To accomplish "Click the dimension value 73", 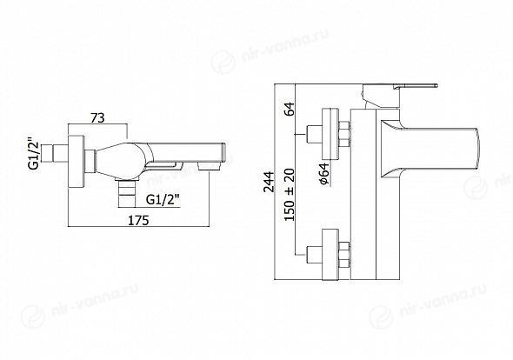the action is (x=98, y=117).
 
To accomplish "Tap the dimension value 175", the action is (x=137, y=220).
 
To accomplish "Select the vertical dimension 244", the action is (x=270, y=182).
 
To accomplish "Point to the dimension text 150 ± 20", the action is (x=290, y=195).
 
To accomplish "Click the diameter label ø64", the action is (x=324, y=173).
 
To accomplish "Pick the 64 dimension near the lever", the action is (x=290, y=109).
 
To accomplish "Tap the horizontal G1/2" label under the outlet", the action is (x=163, y=199).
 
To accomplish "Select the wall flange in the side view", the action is (x=76, y=162).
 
